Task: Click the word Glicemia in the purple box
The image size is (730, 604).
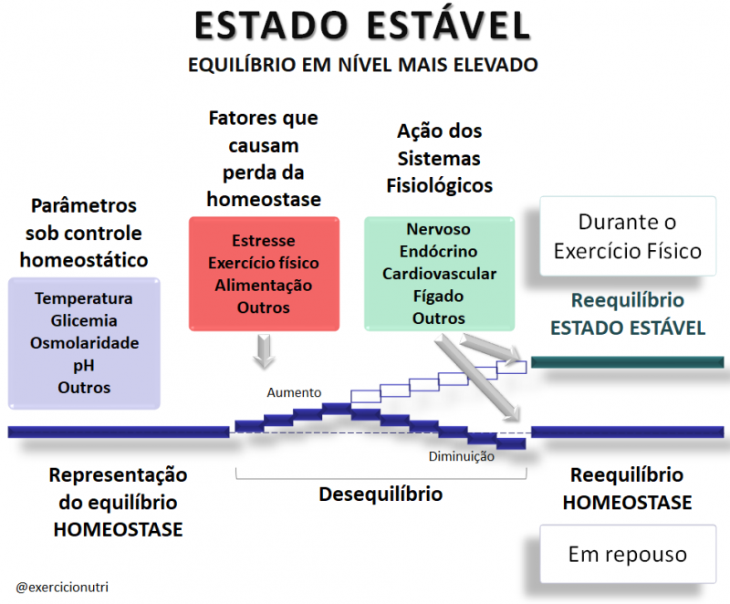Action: click(84, 320)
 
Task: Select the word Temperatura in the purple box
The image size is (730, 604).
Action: click(84, 298)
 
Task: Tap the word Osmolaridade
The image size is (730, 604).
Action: click(84, 343)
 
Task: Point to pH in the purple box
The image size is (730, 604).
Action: click(84, 366)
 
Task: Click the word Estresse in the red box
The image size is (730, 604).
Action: click(264, 241)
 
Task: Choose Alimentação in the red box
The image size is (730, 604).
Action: click(264, 286)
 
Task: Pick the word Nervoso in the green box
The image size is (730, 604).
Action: click(439, 229)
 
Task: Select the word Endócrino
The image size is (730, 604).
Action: click(439, 251)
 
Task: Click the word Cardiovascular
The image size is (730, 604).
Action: click(440, 274)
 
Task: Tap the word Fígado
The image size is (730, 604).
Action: click(439, 296)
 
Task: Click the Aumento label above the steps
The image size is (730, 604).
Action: click(294, 392)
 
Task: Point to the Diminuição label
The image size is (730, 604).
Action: click(462, 456)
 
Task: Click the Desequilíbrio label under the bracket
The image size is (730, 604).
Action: click(381, 495)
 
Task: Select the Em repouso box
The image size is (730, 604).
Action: click(628, 554)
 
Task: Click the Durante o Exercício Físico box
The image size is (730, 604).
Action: click(628, 236)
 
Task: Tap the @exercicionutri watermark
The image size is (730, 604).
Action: click(62, 588)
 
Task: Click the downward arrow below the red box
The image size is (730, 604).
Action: click(264, 351)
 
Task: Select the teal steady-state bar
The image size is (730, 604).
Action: click(628, 362)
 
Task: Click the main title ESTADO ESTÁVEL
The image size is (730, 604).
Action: click(362, 26)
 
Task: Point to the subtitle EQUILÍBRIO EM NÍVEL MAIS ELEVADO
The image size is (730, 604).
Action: click(362, 65)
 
